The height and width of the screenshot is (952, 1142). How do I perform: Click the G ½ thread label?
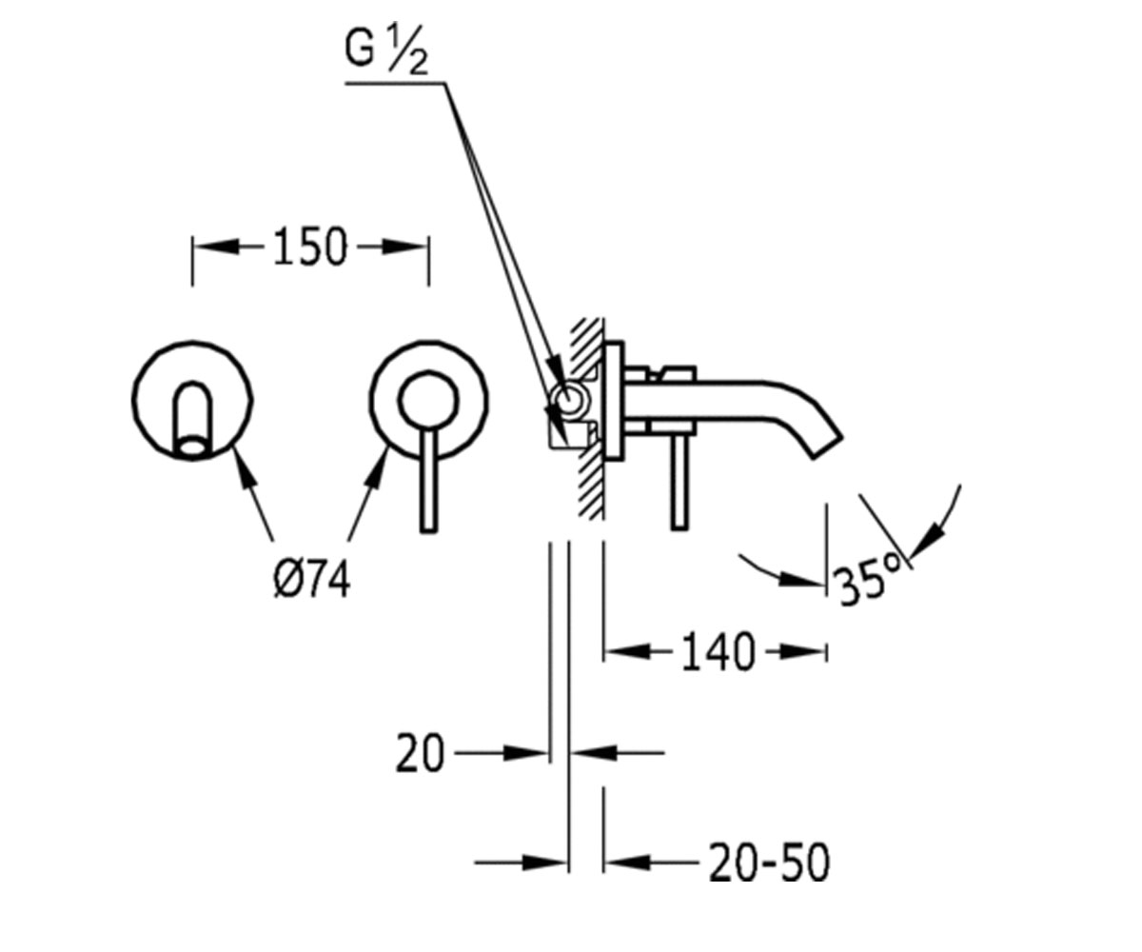[x=386, y=51]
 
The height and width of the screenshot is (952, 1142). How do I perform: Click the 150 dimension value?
[x=309, y=248]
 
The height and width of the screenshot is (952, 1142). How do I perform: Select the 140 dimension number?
[x=719, y=652]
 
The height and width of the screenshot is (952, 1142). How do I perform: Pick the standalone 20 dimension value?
[x=420, y=753]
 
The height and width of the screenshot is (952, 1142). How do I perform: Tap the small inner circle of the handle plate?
[x=427, y=400]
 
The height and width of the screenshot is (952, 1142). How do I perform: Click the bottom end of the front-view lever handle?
[x=429, y=529]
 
